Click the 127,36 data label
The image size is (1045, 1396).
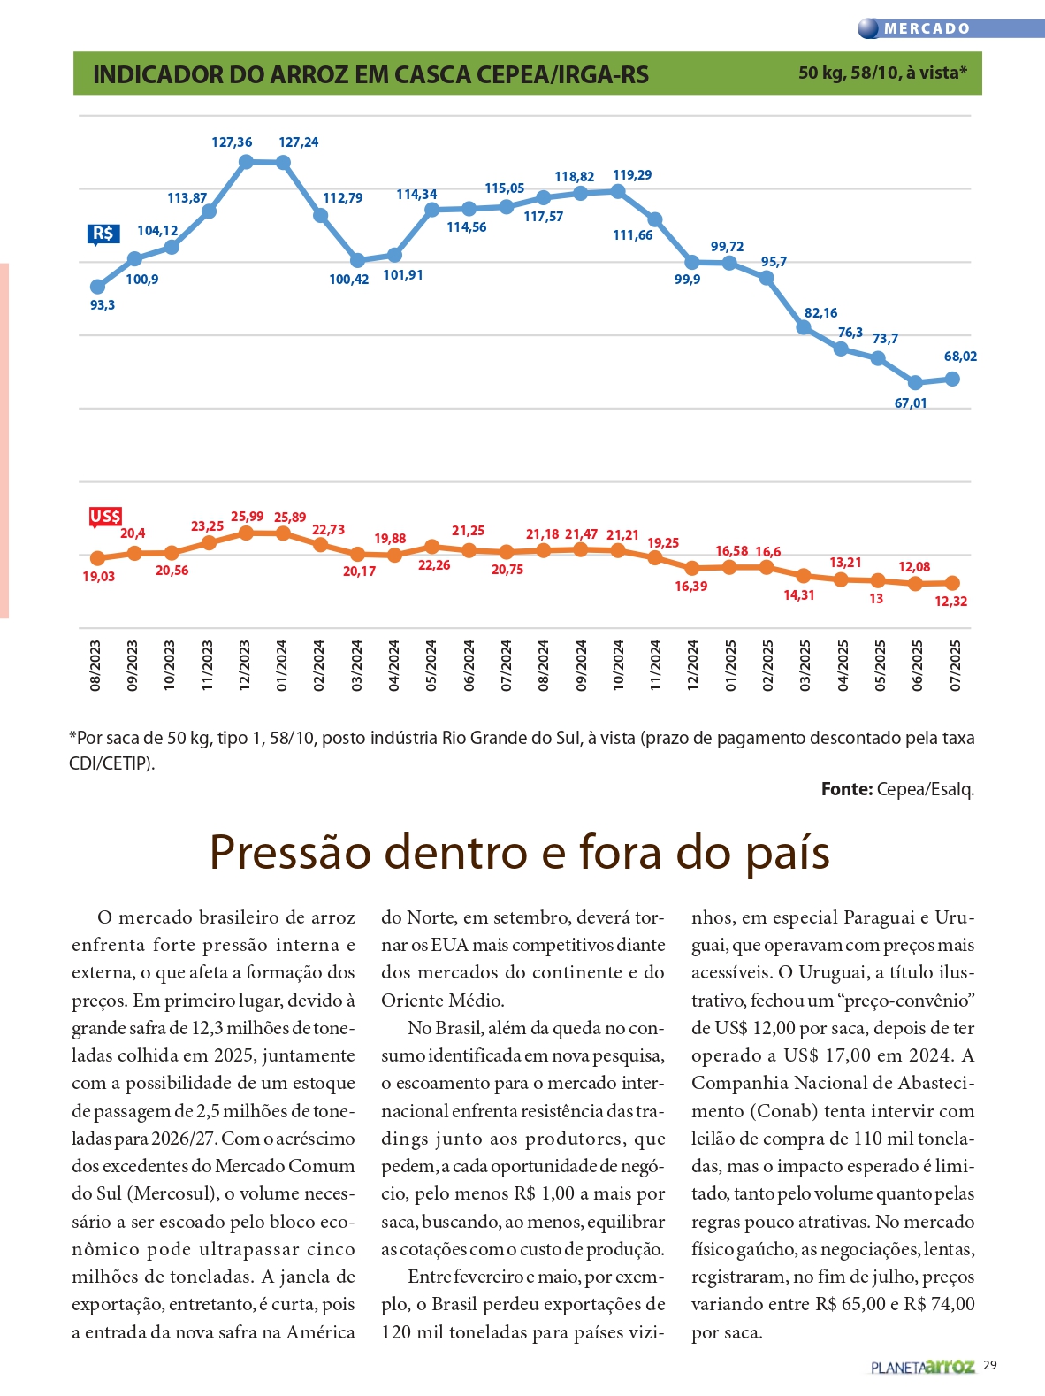(232, 142)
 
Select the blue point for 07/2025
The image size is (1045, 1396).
(953, 379)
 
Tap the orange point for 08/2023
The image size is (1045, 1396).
(97, 558)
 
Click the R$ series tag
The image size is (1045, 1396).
(103, 234)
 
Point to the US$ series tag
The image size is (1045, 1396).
(105, 517)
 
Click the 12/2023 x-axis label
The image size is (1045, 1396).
(245, 665)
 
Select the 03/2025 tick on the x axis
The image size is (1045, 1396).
(805, 665)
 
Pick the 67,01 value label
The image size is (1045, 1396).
(911, 403)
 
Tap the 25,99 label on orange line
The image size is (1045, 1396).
(247, 517)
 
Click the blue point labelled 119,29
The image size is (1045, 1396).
(618, 191)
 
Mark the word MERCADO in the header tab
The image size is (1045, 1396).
(927, 28)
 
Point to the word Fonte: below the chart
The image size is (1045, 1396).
(846, 789)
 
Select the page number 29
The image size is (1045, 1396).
(990, 1365)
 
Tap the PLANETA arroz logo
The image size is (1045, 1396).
(922, 1367)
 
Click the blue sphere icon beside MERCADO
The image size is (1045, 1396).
(869, 28)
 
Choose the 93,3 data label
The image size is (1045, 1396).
(103, 305)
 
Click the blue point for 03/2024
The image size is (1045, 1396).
(357, 260)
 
